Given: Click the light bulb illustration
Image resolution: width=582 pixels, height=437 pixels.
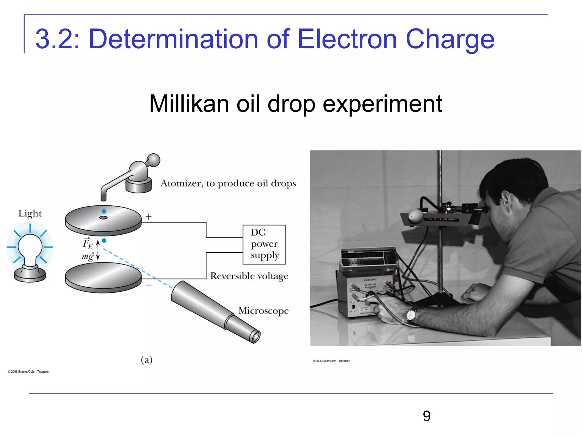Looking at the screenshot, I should pyautogui.click(x=30, y=250).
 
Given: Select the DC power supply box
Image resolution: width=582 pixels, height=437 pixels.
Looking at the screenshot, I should pyautogui.click(x=264, y=244).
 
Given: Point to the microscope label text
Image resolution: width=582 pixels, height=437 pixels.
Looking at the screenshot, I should pyautogui.click(x=263, y=311).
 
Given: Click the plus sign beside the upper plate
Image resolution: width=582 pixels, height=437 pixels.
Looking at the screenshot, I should pyautogui.click(x=149, y=217).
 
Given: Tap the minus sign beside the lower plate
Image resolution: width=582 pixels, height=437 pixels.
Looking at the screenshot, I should pyautogui.click(x=149, y=285).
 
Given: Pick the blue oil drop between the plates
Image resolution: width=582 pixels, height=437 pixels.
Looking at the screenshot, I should pyautogui.click(x=104, y=241).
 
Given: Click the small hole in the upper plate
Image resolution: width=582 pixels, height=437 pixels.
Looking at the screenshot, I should pyautogui.click(x=103, y=218).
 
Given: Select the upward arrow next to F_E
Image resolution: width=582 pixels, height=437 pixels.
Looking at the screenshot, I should pyautogui.click(x=98, y=244).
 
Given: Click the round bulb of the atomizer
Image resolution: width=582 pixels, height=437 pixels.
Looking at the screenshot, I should pyautogui.click(x=154, y=160).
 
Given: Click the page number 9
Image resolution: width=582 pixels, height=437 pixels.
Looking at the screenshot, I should pyautogui.click(x=427, y=416).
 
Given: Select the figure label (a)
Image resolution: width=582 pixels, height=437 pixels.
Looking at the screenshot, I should pyautogui.click(x=147, y=360).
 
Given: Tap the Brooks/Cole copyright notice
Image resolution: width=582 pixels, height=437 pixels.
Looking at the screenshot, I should pyautogui.click(x=29, y=372).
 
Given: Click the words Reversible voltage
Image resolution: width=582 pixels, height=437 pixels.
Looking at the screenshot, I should pyautogui.click(x=249, y=276).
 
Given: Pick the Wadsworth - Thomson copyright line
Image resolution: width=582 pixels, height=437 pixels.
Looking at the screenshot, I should pyautogui.click(x=331, y=361).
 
